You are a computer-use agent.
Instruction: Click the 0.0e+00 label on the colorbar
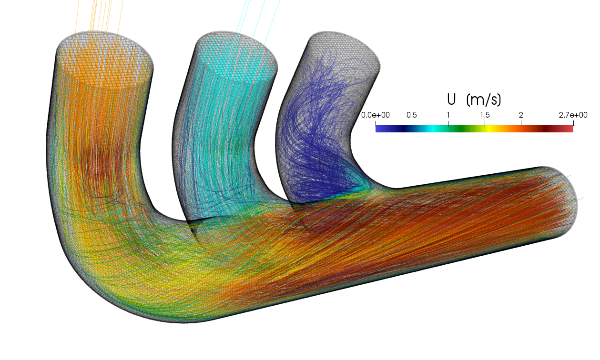(376, 115)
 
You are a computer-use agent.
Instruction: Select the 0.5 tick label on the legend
(412, 115)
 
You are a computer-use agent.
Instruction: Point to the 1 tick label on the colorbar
(448, 115)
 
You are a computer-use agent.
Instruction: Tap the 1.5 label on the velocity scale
(485, 115)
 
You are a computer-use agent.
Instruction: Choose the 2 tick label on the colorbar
(521, 115)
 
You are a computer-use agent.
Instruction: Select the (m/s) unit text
(484, 100)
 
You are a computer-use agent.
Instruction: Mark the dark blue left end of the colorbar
(378, 128)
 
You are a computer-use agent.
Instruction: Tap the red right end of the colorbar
(570, 128)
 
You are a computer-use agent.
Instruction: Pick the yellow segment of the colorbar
(491, 128)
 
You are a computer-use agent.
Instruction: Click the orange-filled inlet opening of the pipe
(105, 55)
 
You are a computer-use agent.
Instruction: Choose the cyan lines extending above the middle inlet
(257, 14)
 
